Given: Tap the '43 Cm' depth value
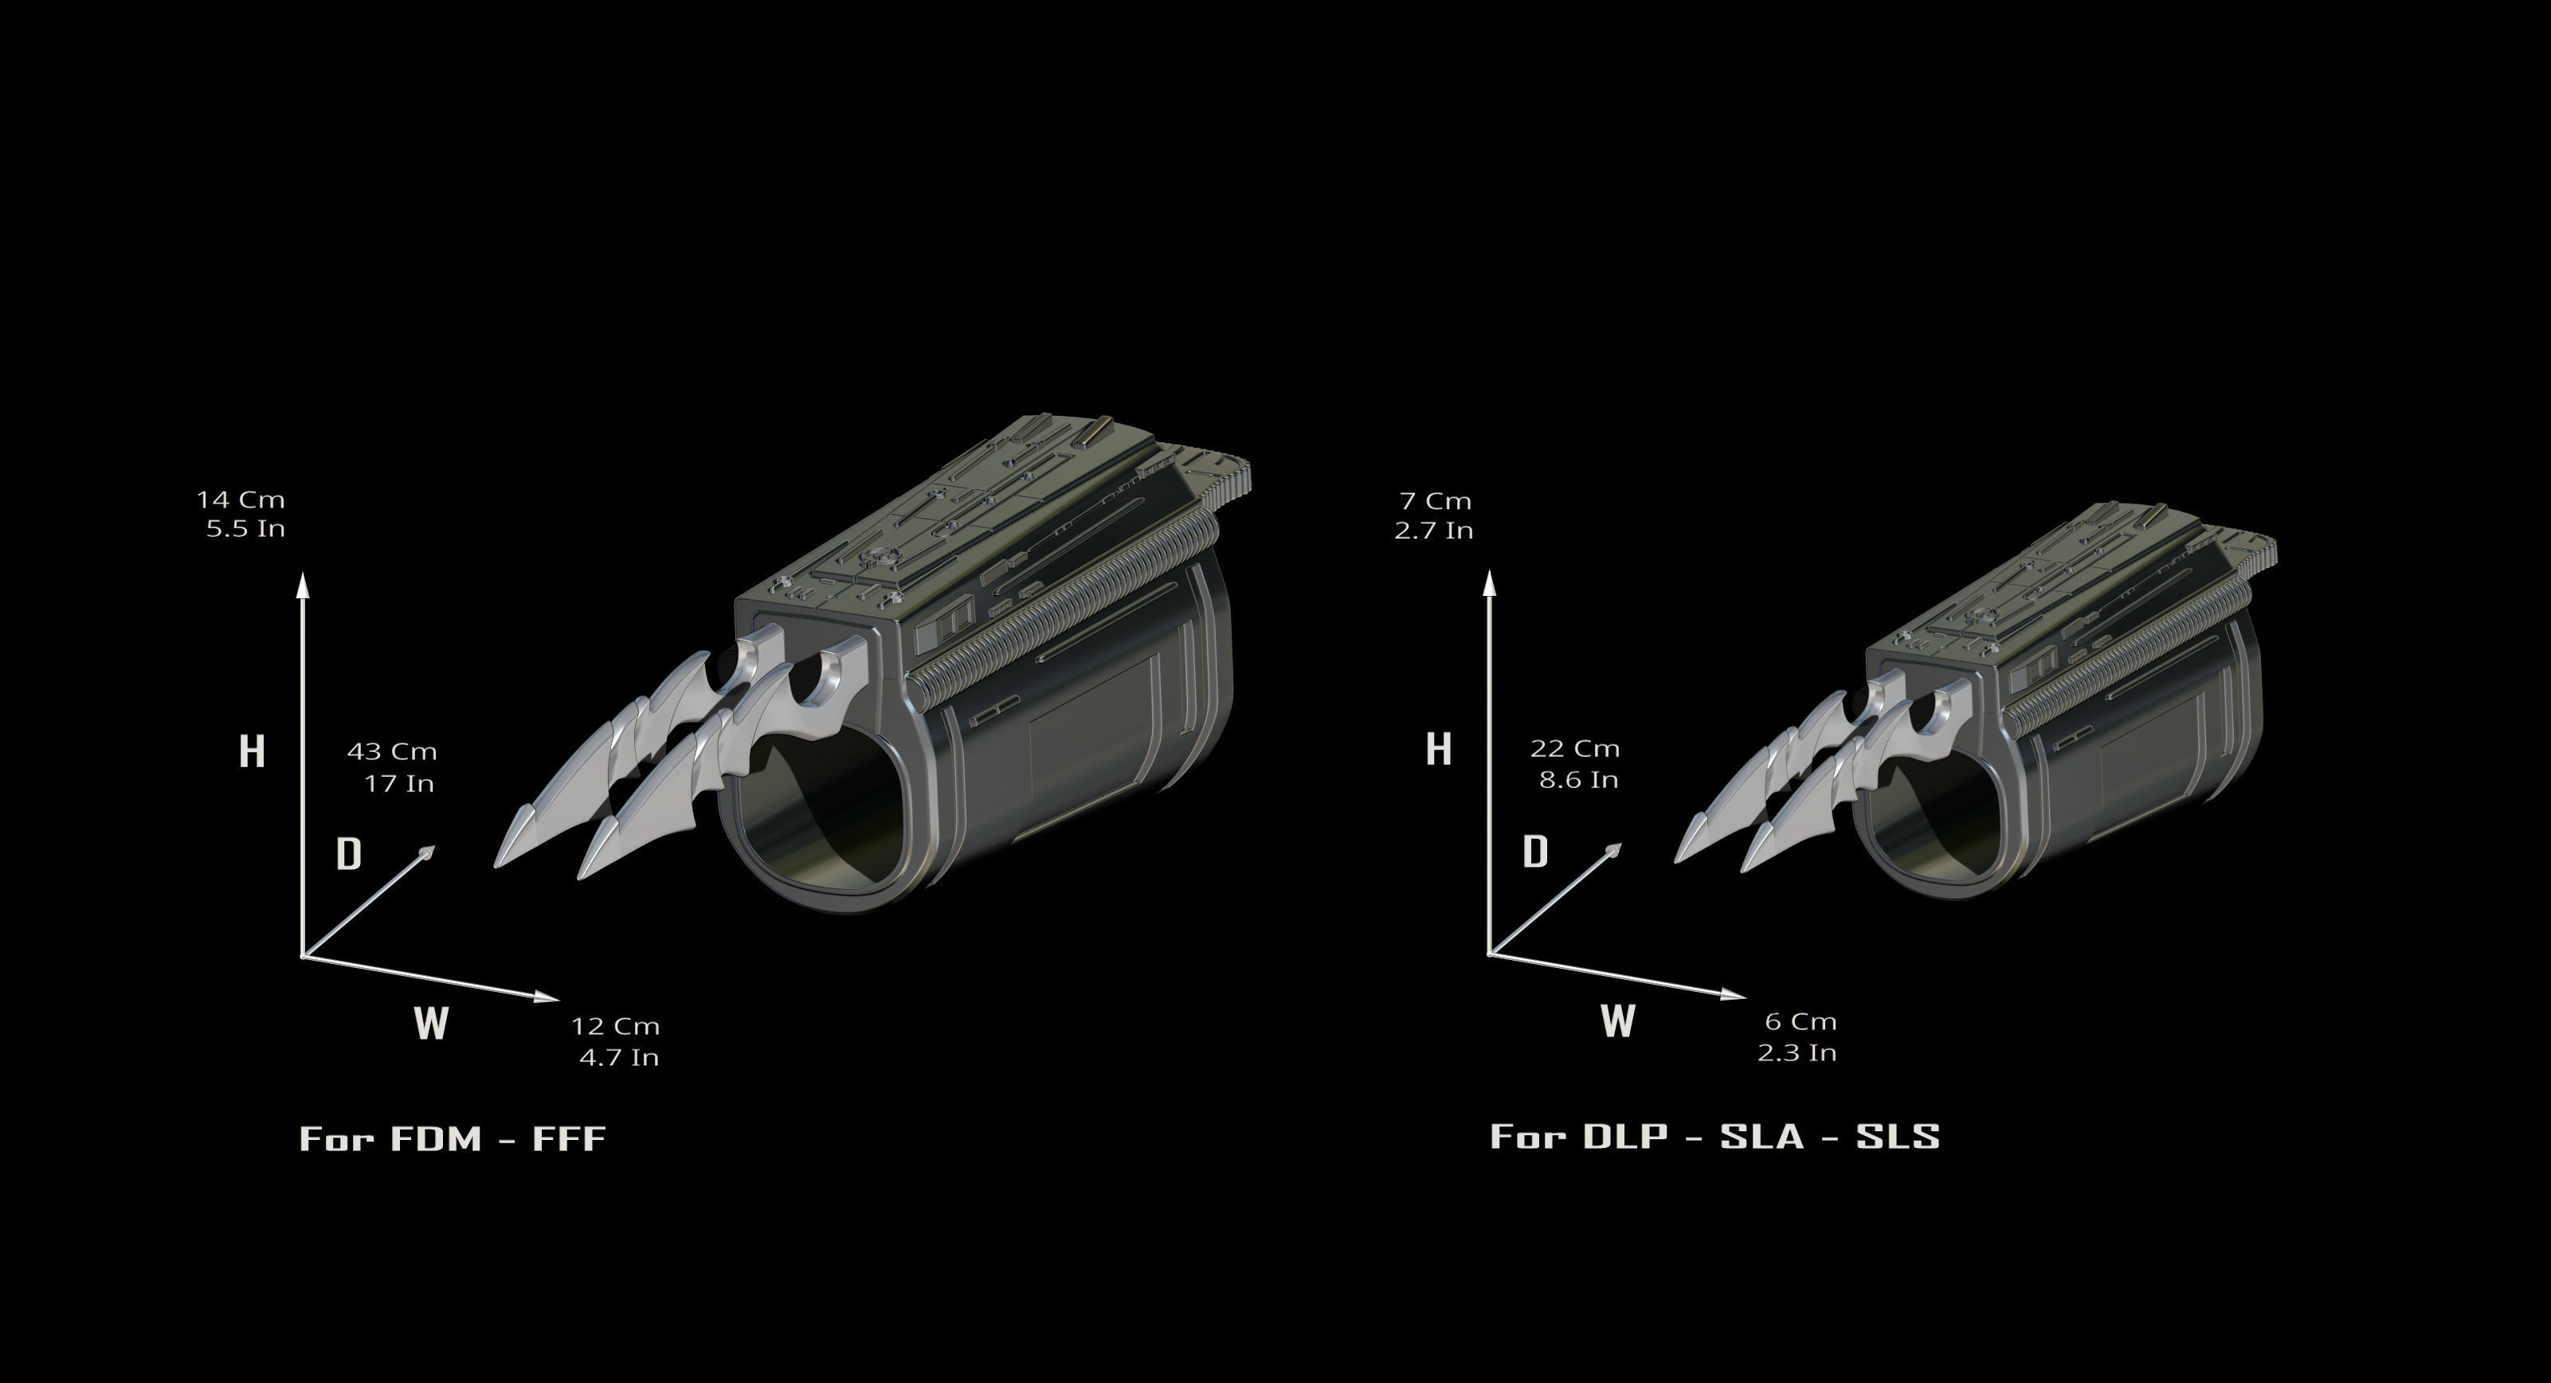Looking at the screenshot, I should (391, 751).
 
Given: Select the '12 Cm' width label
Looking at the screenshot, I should (615, 1025).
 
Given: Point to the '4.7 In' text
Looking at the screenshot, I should (619, 1056).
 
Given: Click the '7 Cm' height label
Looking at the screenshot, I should (1435, 501).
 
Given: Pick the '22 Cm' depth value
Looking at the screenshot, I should (1574, 748).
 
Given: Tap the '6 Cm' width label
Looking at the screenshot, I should (1801, 1021).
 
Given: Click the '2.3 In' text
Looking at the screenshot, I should (1797, 1052).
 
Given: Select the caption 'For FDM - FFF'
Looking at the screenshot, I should (453, 1138).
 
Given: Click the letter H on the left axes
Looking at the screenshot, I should (252, 751).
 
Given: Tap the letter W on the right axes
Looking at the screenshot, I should (1617, 1020).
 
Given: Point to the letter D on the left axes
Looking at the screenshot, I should (349, 853).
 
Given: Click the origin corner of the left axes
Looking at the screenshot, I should (303, 956).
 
